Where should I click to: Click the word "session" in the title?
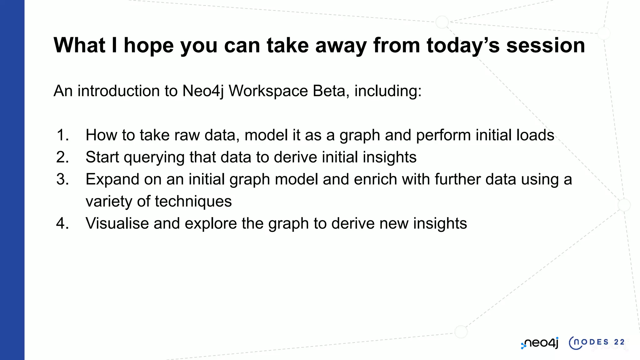tap(545, 46)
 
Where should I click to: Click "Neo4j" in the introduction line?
tap(203, 91)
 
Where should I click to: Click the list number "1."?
tap(62, 135)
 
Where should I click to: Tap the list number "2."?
tap(62, 157)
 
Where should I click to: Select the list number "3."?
tap(62, 179)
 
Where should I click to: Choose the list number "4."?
tap(62, 223)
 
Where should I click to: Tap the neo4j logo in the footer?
tap(540, 343)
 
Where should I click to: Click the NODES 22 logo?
tap(597, 343)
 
